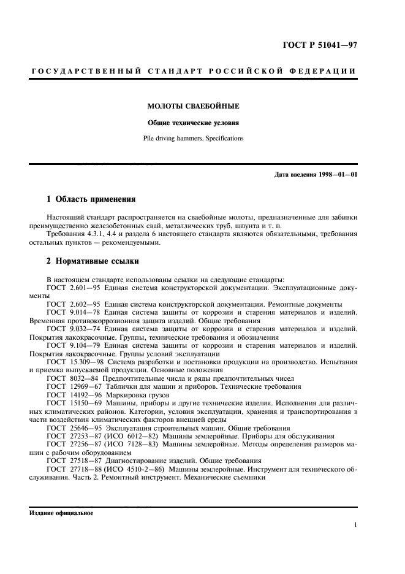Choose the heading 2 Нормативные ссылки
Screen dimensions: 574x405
coord(93,261)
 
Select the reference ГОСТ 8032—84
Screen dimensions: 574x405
coord(70,379)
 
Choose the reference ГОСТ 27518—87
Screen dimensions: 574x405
coord(72,461)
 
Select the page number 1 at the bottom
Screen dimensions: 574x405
coord(355,525)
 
